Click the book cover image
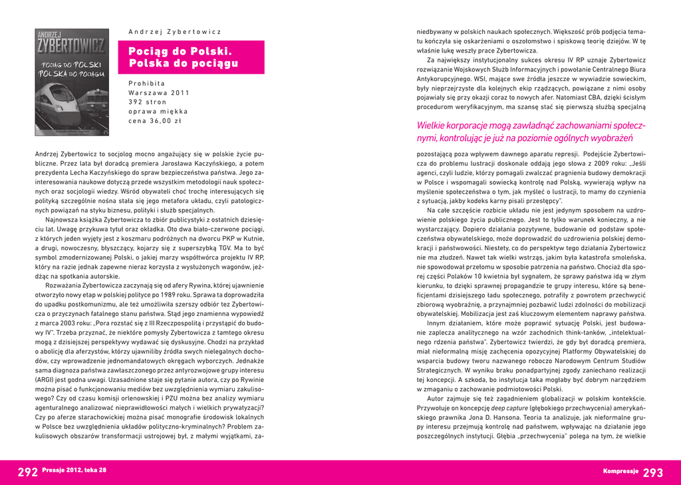pos(72,82)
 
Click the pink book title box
pos(191,57)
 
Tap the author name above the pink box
pos(174,31)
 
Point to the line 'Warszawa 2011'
pos(159,92)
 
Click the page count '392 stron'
pos(148,102)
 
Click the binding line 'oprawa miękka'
pos(158,112)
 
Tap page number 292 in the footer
pos(27,472)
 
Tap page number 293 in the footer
pos(653,472)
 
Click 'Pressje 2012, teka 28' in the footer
pos(74,470)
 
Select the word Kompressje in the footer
pos(620,471)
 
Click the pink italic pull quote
pos(531,132)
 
